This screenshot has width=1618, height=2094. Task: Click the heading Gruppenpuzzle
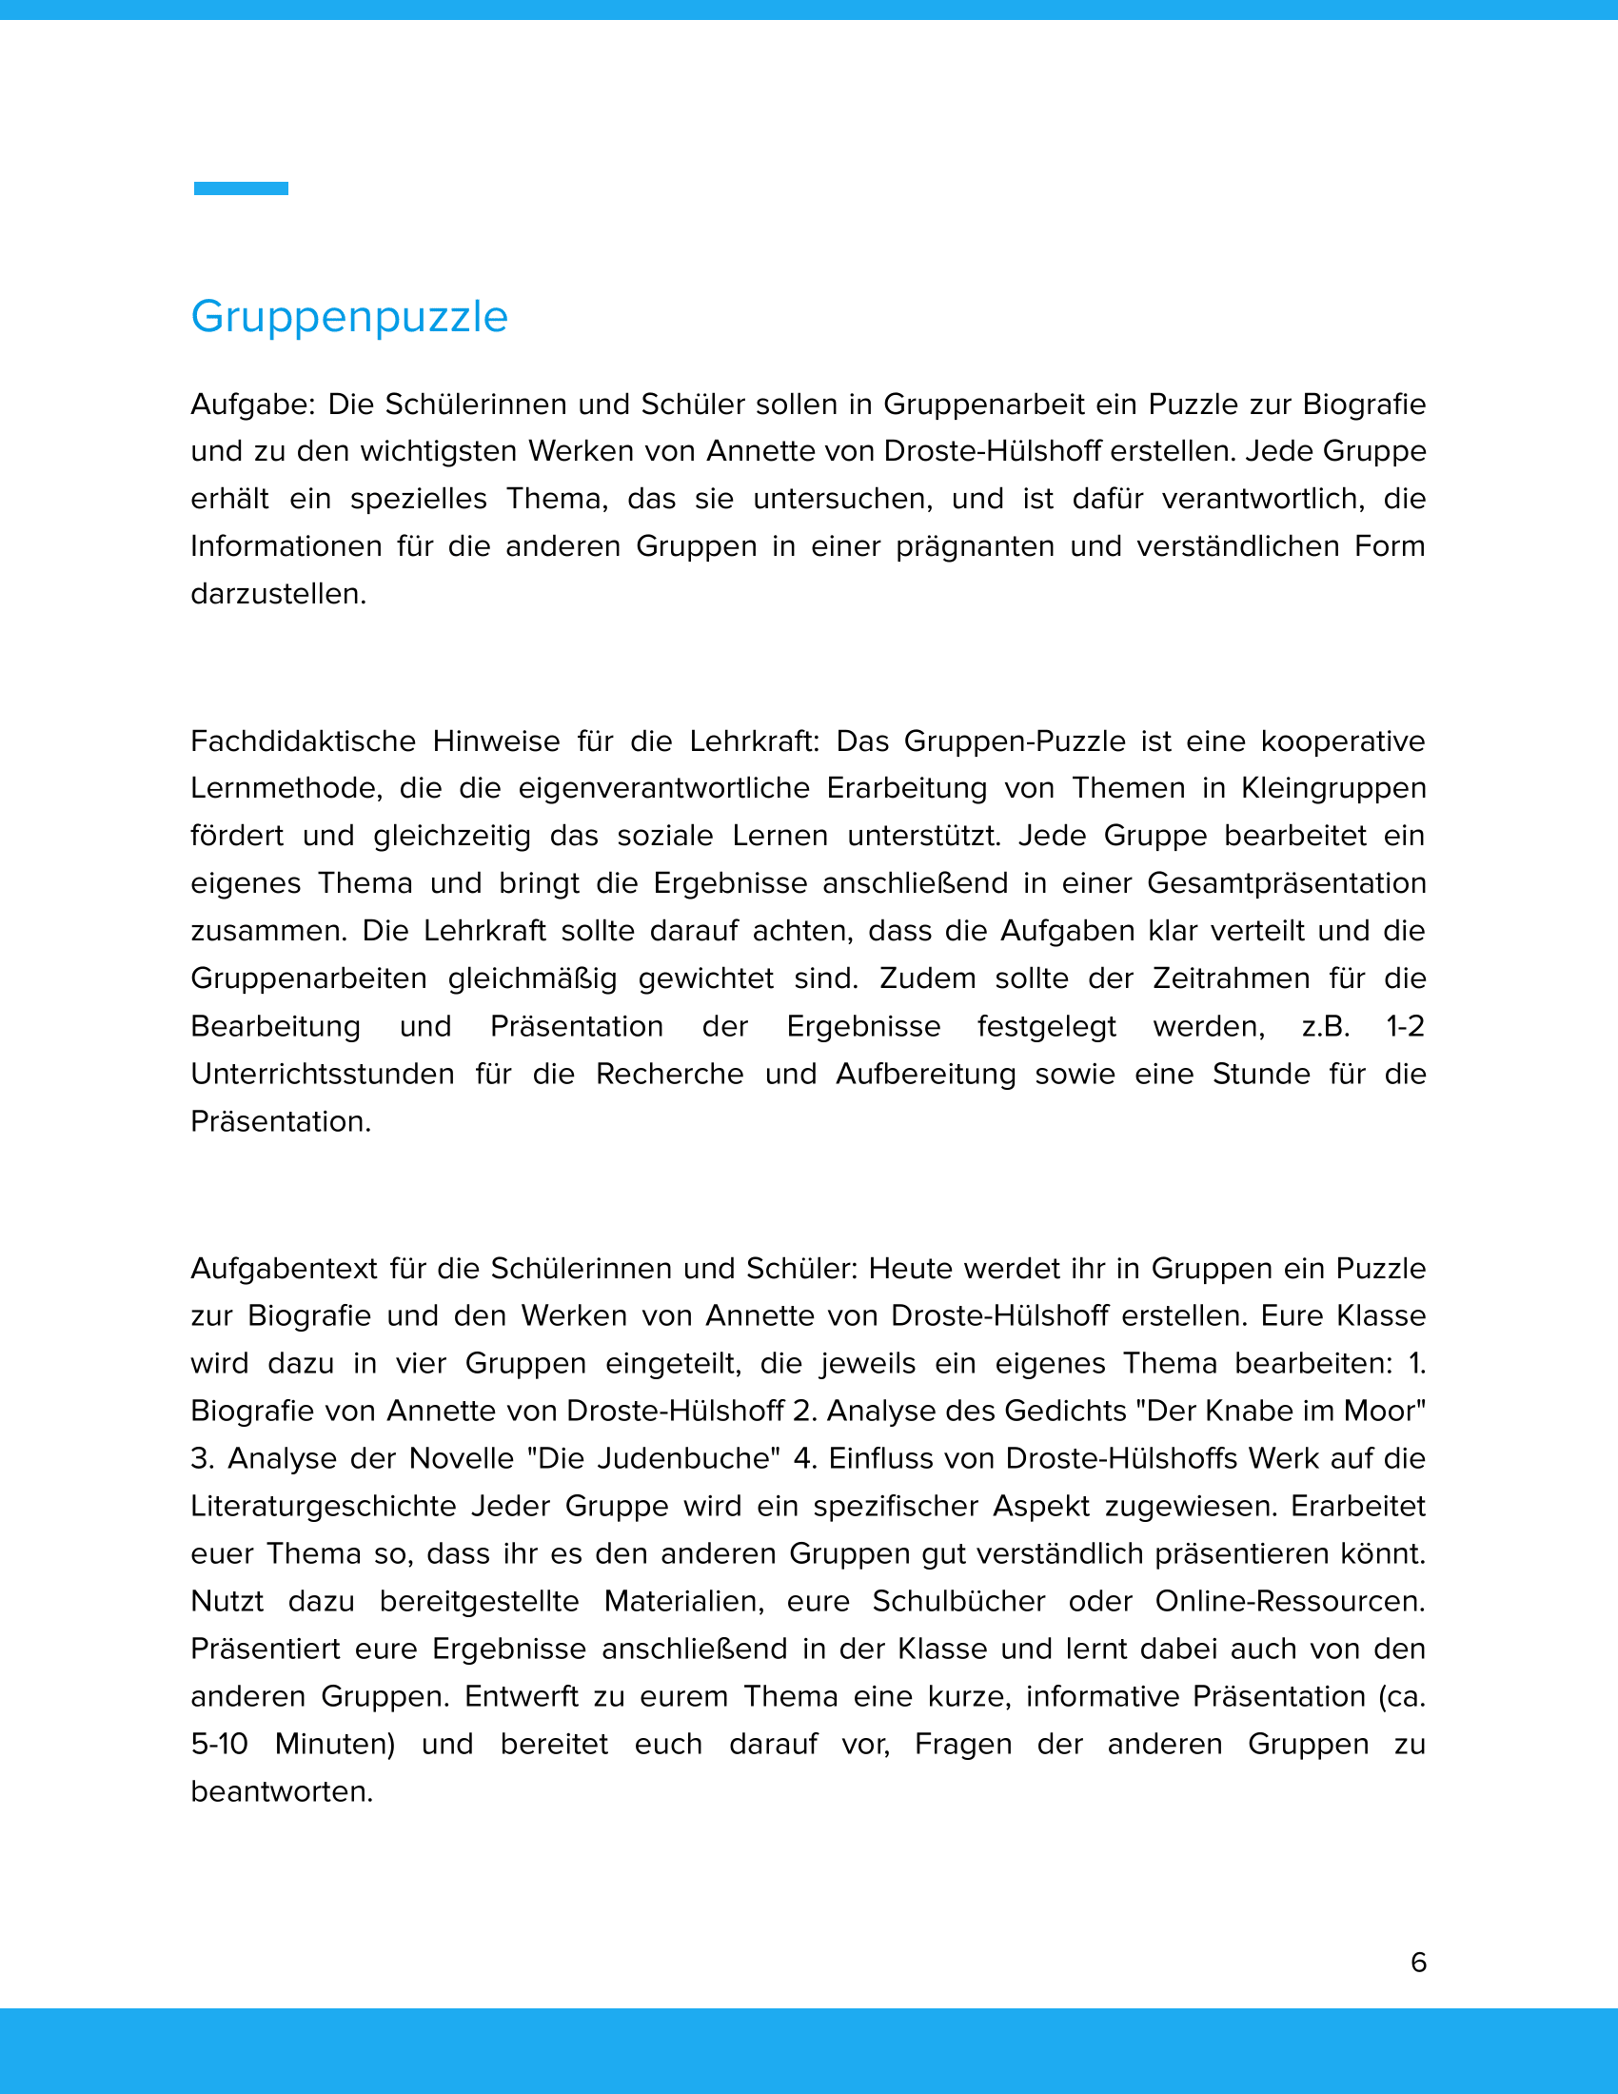[349, 316]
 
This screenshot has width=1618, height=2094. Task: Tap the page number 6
[1419, 1962]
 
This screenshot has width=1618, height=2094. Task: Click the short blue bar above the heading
[241, 188]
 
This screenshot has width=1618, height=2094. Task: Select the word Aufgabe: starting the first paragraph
[252, 405]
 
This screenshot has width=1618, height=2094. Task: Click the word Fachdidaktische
[302, 741]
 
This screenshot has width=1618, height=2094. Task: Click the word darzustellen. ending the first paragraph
[278, 595]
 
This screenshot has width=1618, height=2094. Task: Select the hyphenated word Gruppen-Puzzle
[1015, 741]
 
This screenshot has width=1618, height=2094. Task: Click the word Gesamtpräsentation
[1287, 883]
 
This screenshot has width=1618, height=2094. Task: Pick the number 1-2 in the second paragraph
[1405, 1026]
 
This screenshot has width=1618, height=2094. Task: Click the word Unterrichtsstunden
[322, 1074]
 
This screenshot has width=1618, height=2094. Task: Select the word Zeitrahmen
[1231, 978]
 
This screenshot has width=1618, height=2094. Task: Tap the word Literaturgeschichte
[323, 1506]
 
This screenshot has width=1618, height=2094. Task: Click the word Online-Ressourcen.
[1290, 1601]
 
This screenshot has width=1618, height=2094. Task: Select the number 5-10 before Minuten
[220, 1744]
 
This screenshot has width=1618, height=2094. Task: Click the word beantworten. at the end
[282, 1792]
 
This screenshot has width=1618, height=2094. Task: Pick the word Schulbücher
[958, 1601]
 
